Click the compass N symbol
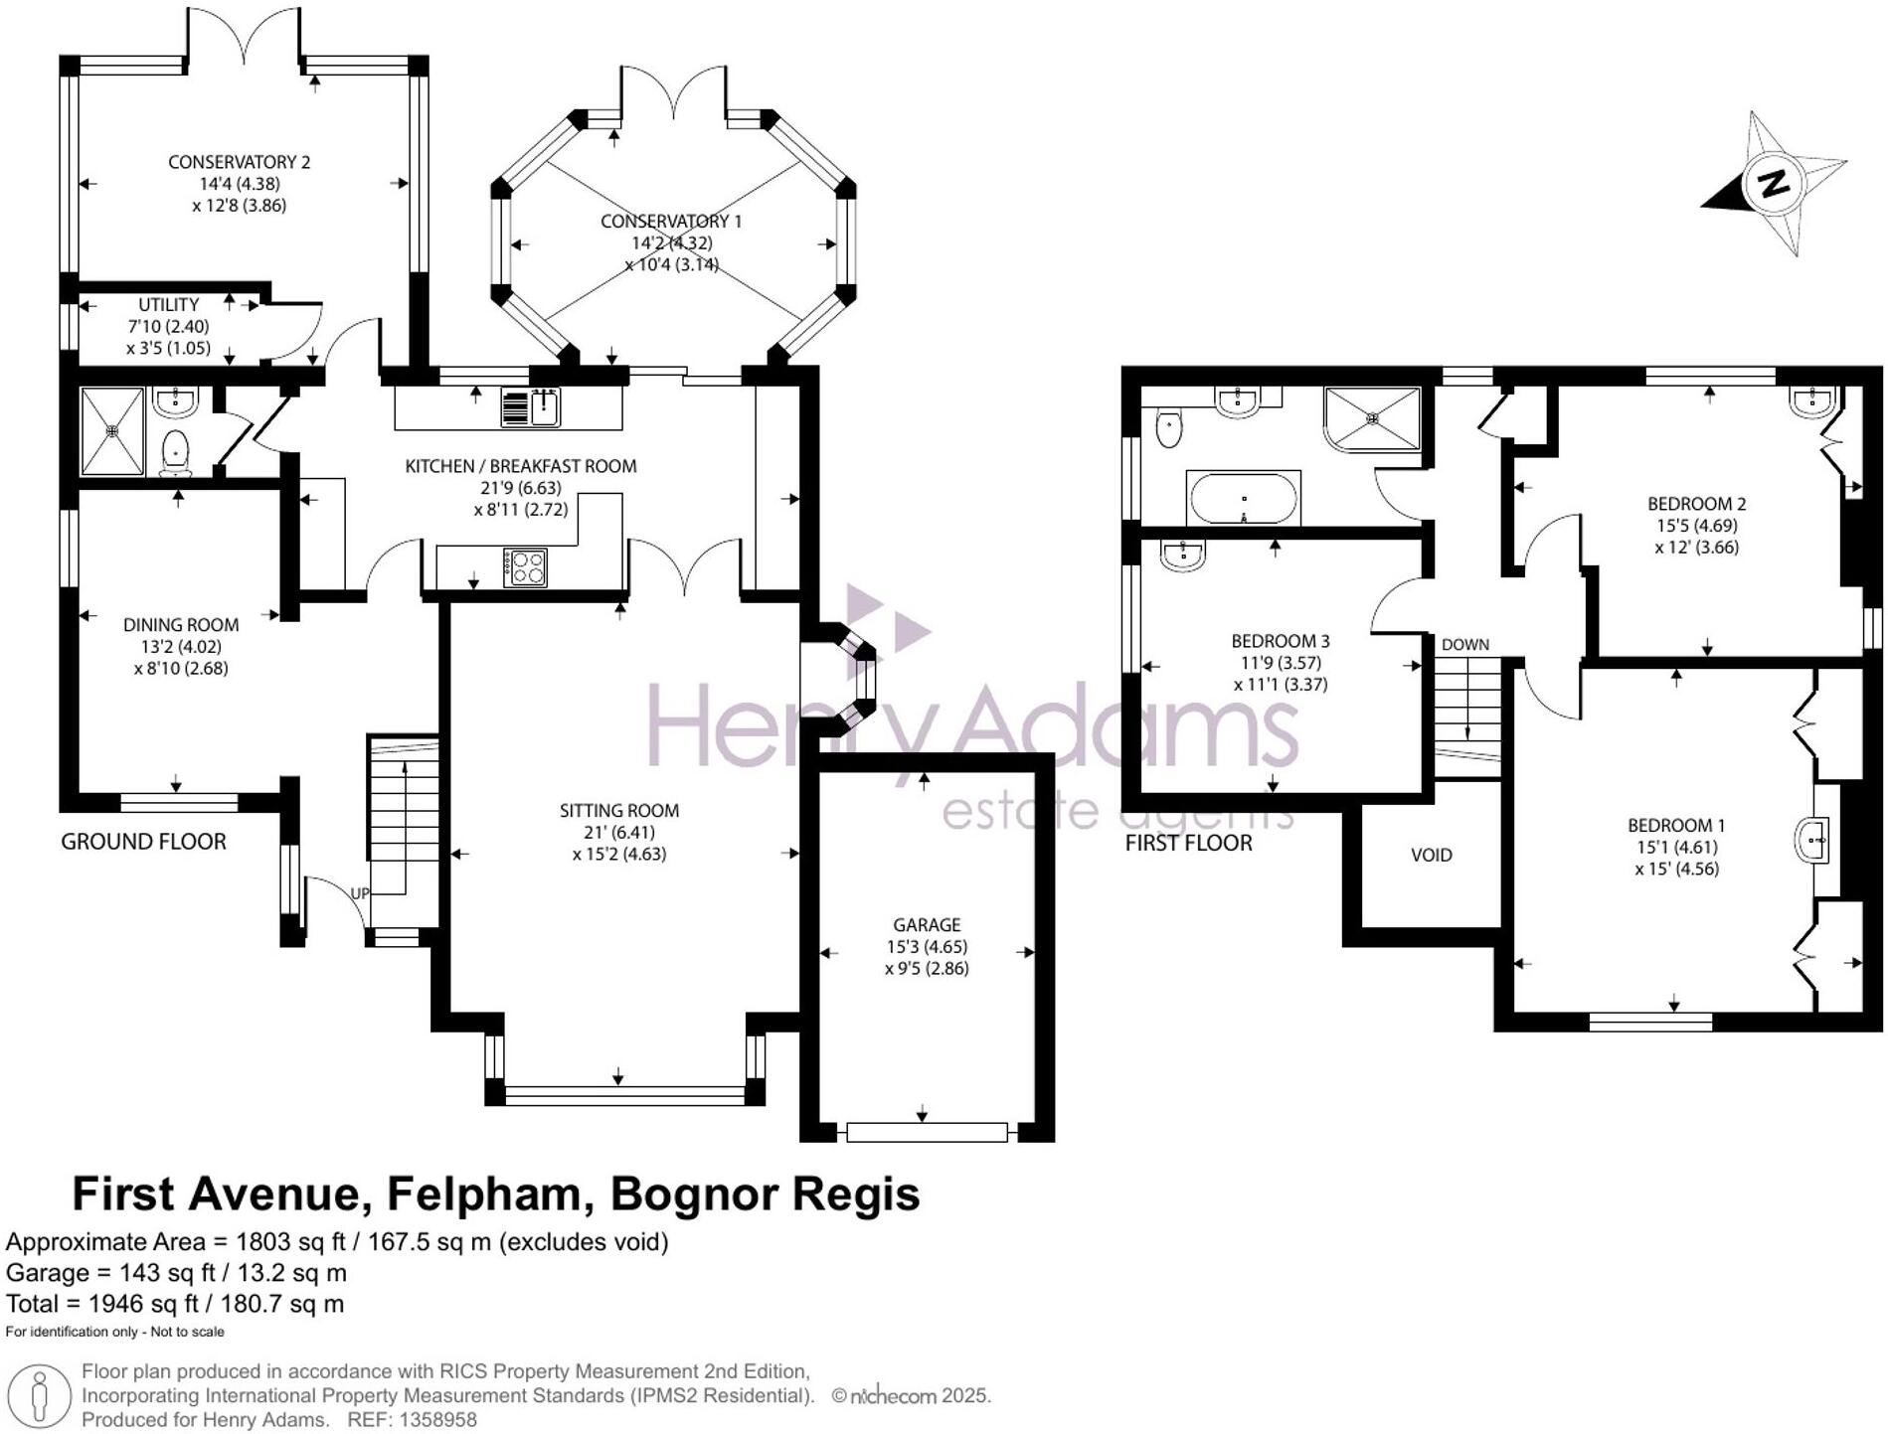point(1774,183)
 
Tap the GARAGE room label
point(926,924)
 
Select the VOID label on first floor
point(1431,855)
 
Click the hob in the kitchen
point(525,567)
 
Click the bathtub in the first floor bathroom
point(1243,499)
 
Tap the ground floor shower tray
point(112,431)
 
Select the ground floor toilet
point(176,453)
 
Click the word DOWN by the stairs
point(1464,644)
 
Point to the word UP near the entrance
point(360,893)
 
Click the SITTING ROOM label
point(618,811)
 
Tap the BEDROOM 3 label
point(1280,641)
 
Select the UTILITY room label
point(168,305)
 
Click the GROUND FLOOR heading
point(143,842)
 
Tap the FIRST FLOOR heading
point(1188,843)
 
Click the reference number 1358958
point(436,1420)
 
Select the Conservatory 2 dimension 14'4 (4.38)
point(239,184)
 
